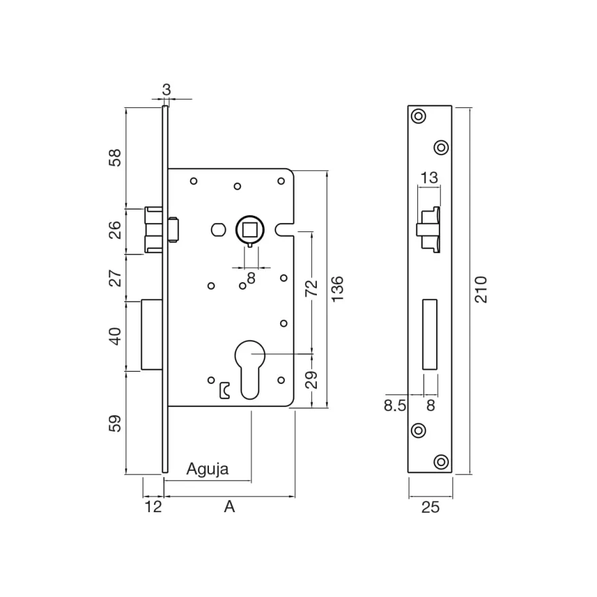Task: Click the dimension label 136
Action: click(x=337, y=290)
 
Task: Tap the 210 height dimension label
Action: click(x=481, y=290)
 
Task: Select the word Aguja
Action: click(x=208, y=469)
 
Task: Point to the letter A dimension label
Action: click(x=229, y=507)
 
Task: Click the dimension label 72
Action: click(x=311, y=288)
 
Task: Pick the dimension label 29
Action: click(x=311, y=380)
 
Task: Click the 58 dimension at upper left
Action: click(x=115, y=158)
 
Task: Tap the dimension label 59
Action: click(x=115, y=423)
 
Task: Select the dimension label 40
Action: click(x=115, y=336)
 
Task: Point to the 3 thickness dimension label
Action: click(x=166, y=90)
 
